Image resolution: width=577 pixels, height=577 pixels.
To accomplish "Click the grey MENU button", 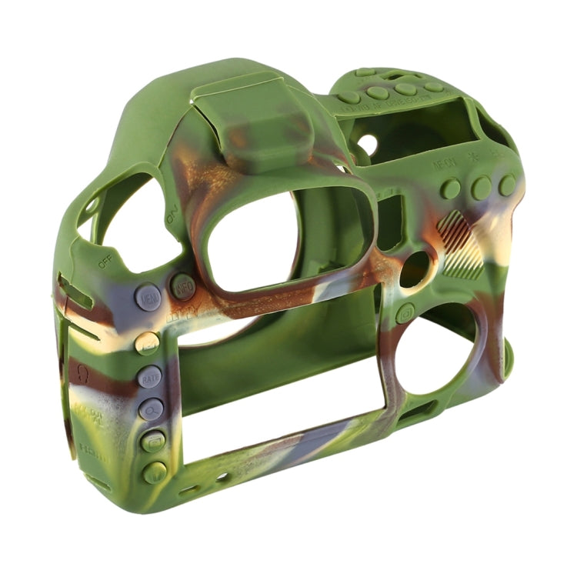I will tap(148, 297).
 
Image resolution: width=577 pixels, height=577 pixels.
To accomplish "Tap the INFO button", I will tap(183, 287).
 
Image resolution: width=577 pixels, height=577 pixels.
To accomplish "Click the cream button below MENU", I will tap(147, 343).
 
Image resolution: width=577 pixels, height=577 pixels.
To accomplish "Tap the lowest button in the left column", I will tap(155, 472).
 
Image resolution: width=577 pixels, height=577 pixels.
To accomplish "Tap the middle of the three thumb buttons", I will tap(482, 187).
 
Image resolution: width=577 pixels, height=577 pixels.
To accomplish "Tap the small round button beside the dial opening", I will tap(405, 313).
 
